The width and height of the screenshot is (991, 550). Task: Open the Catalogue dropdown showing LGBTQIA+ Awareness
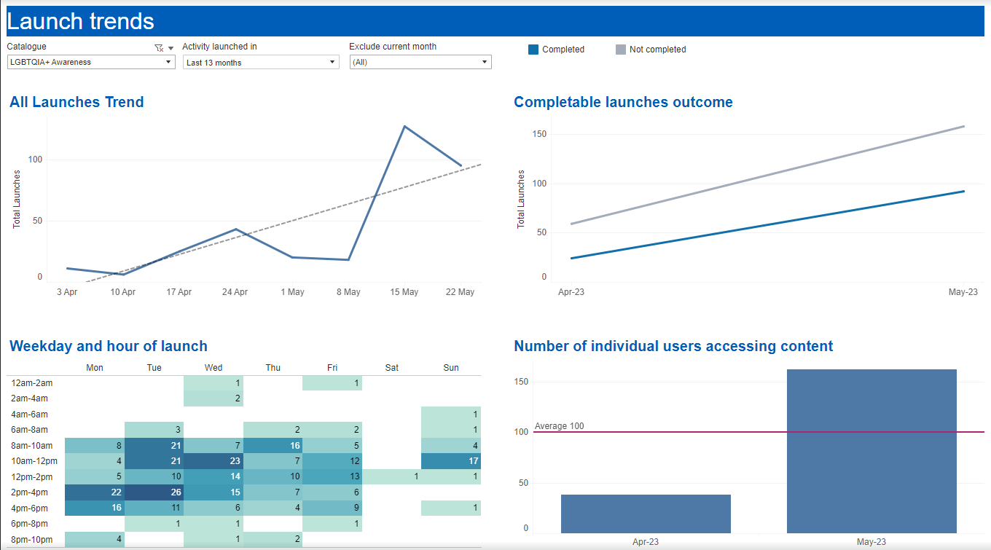(91, 62)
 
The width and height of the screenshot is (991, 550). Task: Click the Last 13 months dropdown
(261, 63)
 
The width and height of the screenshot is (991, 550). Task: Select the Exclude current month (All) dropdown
(420, 63)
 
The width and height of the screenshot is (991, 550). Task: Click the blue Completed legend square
(533, 50)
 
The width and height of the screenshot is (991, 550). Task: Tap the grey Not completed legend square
(621, 50)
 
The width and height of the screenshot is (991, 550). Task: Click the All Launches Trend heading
(77, 102)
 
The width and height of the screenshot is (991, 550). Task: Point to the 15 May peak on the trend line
(404, 126)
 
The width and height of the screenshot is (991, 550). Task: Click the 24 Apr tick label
(235, 292)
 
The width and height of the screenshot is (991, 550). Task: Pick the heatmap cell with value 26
(154, 492)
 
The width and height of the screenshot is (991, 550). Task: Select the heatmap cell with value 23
(214, 460)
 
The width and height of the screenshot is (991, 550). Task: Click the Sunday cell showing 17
(451, 460)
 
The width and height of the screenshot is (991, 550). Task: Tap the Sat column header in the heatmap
(392, 368)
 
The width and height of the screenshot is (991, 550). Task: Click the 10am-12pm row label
(32, 461)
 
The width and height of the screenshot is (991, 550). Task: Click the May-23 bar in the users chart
(871, 451)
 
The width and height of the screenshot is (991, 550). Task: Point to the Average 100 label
(560, 426)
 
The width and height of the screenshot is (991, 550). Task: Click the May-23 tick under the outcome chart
(963, 292)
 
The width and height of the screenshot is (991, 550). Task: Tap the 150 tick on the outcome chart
(539, 134)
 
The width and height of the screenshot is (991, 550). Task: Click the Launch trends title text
(81, 21)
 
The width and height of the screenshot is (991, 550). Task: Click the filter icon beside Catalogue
(159, 47)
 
